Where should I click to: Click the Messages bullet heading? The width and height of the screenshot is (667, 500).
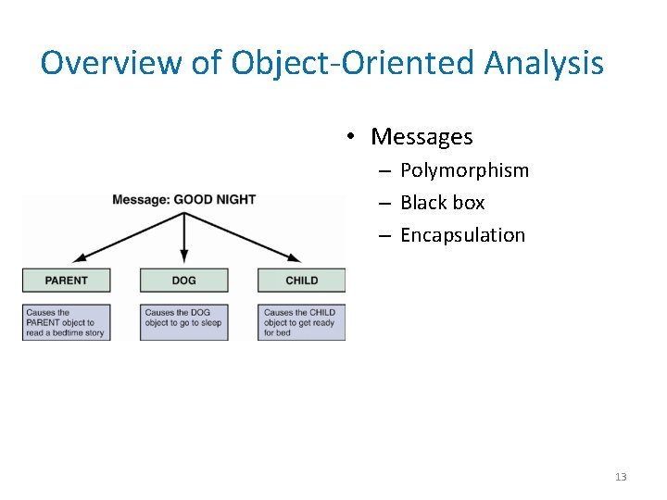[422, 137]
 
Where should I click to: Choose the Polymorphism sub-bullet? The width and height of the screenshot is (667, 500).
[464, 170]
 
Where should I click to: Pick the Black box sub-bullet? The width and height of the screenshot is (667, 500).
[442, 203]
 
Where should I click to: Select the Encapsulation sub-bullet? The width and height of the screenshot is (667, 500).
[462, 235]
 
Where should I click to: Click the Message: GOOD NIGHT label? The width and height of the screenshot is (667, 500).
[183, 199]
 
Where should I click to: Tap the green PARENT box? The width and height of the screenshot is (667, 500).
[66, 281]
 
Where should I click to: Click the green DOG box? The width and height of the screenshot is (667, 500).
[183, 281]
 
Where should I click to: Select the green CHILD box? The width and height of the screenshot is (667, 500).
[301, 281]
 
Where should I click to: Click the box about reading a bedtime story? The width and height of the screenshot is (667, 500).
[66, 322]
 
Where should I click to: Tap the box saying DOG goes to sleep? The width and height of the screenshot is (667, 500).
[183, 322]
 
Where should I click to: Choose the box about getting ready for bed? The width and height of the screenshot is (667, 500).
[301, 322]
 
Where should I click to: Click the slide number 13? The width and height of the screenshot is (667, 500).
[620, 477]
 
